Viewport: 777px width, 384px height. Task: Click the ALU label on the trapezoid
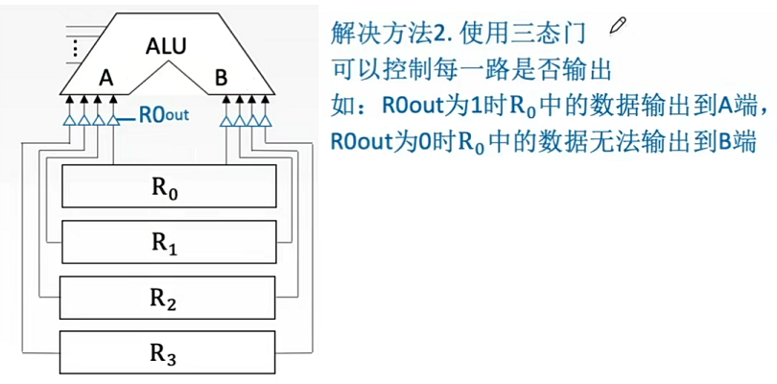click(x=168, y=45)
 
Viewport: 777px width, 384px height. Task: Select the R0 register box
click(x=168, y=186)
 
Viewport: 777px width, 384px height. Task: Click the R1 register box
click(x=168, y=241)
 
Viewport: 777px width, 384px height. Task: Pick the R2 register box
click(x=168, y=298)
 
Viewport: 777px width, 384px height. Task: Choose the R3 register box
click(x=168, y=353)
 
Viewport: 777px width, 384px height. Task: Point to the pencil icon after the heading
click(x=616, y=29)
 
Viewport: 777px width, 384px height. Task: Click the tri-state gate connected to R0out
click(x=114, y=120)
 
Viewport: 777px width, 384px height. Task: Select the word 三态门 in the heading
click(x=554, y=34)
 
